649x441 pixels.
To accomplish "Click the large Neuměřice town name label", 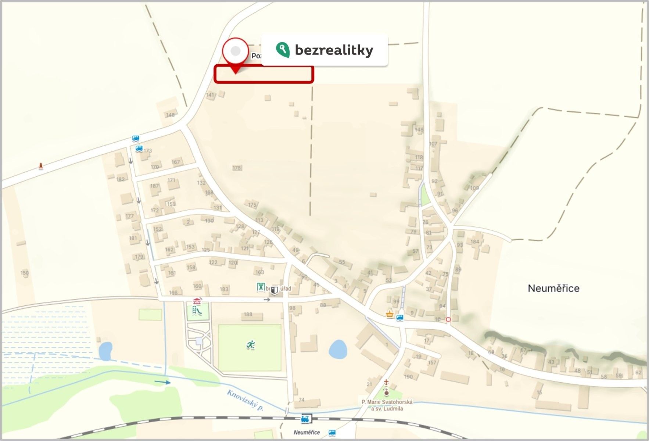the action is pyautogui.click(x=553, y=288).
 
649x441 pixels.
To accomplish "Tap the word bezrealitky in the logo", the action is pyautogui.click(x=334, y=50).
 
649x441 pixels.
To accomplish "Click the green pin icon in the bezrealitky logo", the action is pyautogui.click(x=283, y=50).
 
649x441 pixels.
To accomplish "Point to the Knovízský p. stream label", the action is pyautogui.click(x=245, y=400).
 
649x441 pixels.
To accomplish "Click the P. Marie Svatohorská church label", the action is pyautogui.click(x=387, y=402).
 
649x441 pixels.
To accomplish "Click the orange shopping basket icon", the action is pyautogui.click(x=390, y=314).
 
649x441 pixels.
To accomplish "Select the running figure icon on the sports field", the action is pyautogui.click(x=251, y=345).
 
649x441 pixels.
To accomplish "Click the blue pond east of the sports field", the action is pyautogui.click(x=338, y=349).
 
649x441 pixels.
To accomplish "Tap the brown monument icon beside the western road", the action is pyautogui.click(x=41, y=166).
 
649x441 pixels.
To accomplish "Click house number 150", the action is pyautogui.click(x=25, y=273).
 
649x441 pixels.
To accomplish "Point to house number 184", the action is pyautogui.click(x=475, y=241).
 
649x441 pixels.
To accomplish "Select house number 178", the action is pyautogui.click(x=237, y=168).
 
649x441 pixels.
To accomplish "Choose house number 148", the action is pyautogui.click(x=170, y=115).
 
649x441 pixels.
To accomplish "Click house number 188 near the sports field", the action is pyautogui.click(x=248, y=314).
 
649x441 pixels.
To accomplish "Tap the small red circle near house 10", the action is pyautogui.click(x=448, y=320).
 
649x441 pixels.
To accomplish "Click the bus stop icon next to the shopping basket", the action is pyautogui.click(x=400, y=318).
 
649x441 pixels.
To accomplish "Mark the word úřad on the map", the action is pyautogui.click(x=286, y=289).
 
